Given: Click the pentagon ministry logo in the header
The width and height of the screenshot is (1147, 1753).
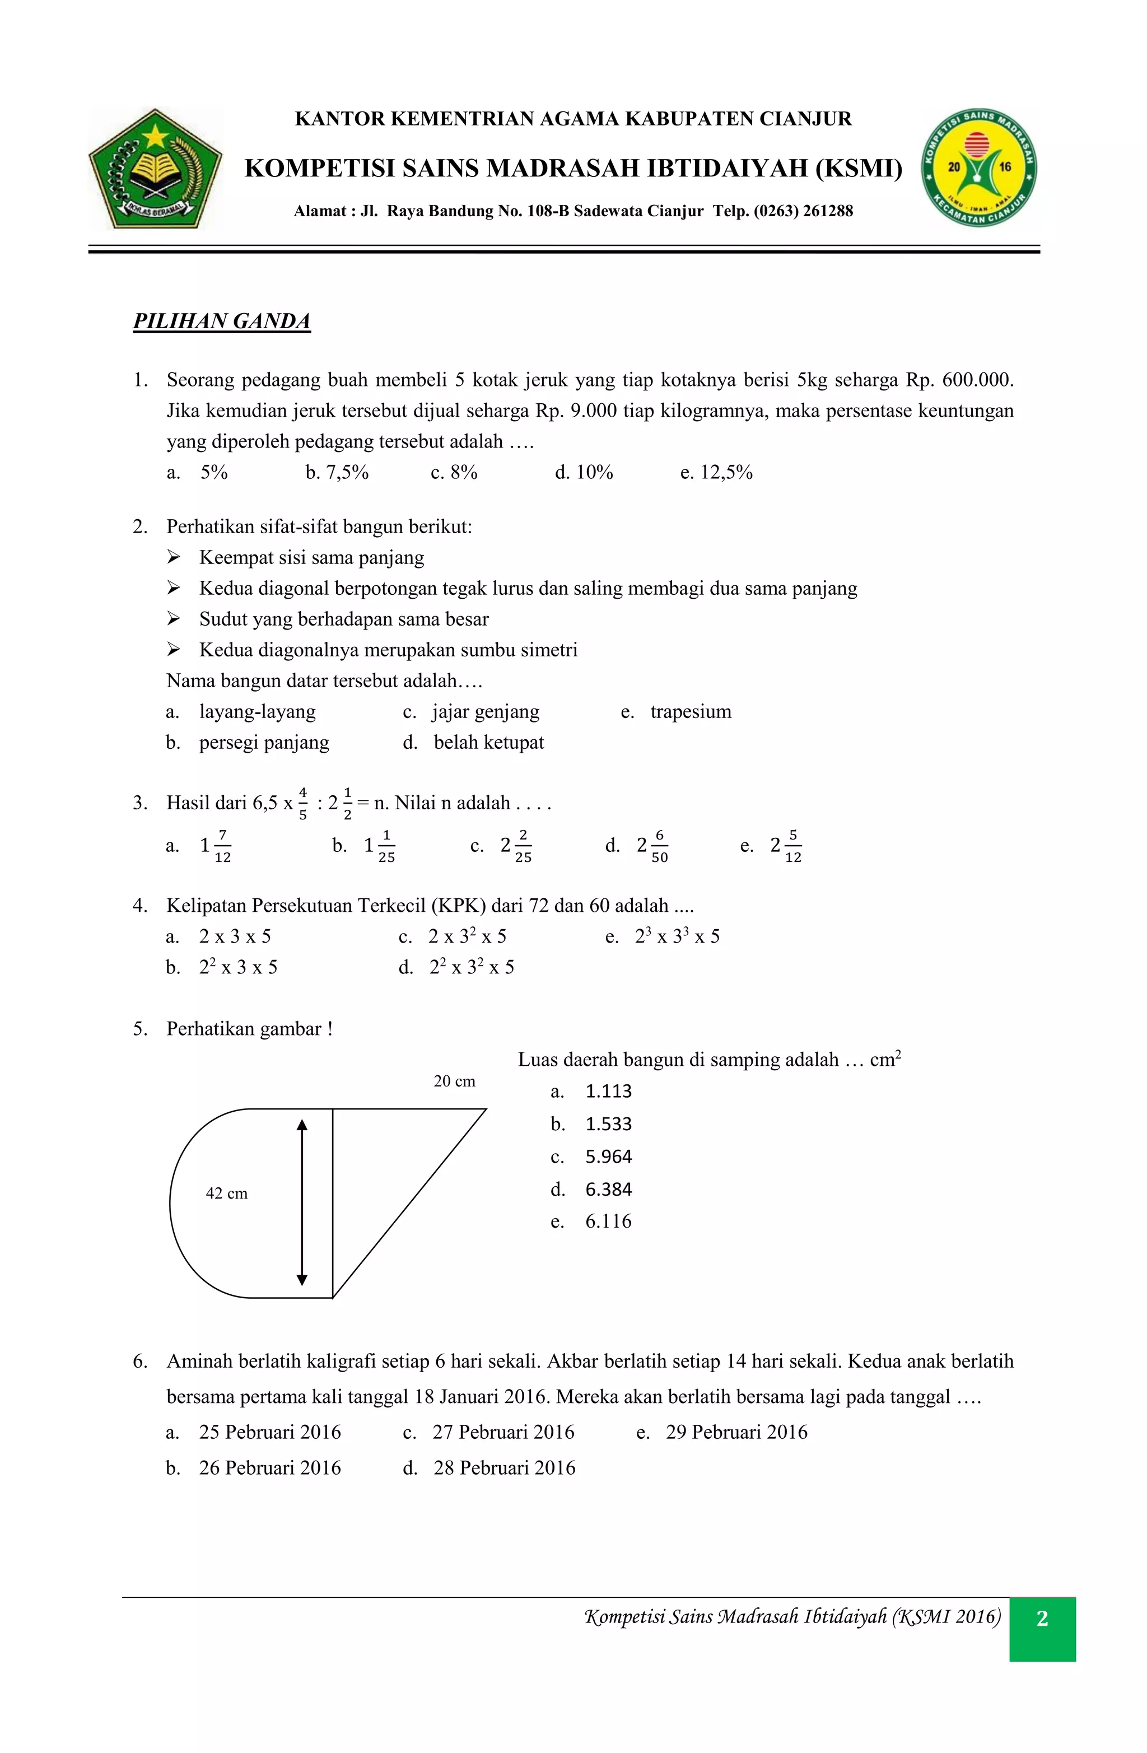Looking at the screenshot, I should pos(156,169).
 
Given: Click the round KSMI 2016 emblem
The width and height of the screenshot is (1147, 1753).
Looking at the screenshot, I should pos(980,169).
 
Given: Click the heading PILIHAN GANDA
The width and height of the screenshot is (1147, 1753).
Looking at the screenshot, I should pos(221,322).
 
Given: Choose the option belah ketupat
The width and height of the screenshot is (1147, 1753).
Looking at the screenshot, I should pos(488,743).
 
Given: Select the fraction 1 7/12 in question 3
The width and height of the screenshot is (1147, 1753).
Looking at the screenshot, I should pos(216,846).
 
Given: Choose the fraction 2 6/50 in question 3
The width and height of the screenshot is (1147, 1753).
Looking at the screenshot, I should pos(652,846).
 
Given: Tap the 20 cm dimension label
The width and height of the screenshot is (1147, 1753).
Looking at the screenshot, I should pos(455,1081).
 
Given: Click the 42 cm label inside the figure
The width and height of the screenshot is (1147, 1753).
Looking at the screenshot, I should pos(227,1193).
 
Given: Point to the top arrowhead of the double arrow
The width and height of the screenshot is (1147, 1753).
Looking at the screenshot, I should pos(301,1124).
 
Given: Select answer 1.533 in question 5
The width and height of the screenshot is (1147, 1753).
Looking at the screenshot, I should pos(608,1124).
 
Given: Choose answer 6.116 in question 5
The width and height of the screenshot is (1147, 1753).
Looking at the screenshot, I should pos(608,1221).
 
